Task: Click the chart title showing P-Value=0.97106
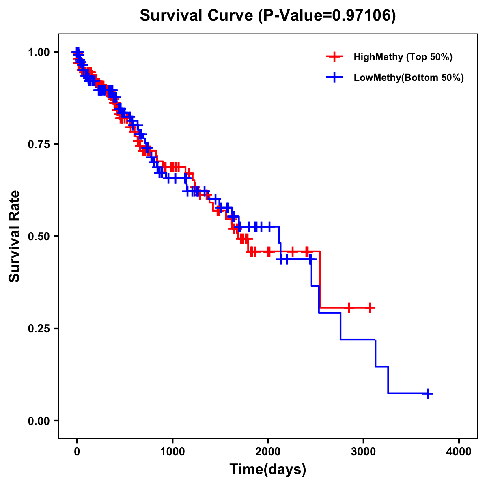click(x=267, y=16)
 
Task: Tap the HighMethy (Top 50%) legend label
click(x=403, y=57)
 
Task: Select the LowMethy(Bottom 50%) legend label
click(x=409, y=78)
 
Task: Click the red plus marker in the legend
click(x=334, y=57)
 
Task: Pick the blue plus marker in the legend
click(x=334, y=78)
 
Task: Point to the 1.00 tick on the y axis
click(x=39, y=52)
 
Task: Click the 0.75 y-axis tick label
click(x=39, y=144)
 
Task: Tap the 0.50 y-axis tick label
click(x=39, y=236)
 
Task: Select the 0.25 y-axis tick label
click(x=39, y=328)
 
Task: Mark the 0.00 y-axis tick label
click(x=39, y=420)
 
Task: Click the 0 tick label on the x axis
click(x=77, y=451)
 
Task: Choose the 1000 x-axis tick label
click(x=172, y=451)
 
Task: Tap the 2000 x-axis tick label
click(x=268, y=451)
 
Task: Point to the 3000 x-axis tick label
click(x=364, y=451)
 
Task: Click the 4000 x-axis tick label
click(x=459, y=451)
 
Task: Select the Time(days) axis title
click(x=268, y=470)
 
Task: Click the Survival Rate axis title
click(x=15, y=236)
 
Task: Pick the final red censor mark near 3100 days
click(x=370, y=308)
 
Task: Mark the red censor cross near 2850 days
click(x=349, y=308)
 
